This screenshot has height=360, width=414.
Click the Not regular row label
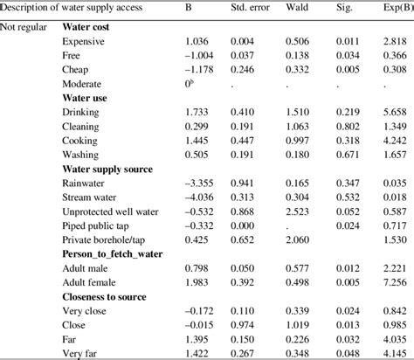click(24, 27)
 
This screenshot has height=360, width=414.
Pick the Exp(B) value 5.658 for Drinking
click(396, 113)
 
